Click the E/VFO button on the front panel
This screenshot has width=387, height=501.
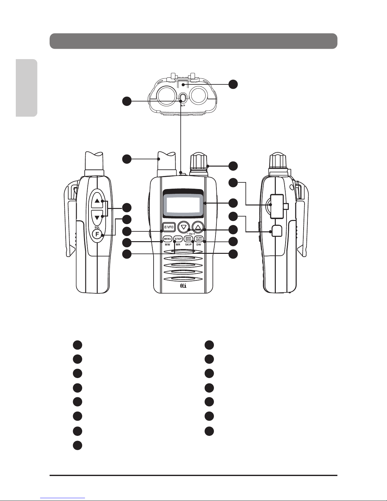coord(168,227)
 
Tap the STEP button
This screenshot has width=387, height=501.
coord(178,239)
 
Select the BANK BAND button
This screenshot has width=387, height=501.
coord(188,239)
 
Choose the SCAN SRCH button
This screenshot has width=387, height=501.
coord(199,239)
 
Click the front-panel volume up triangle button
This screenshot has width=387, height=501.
coord(197,227)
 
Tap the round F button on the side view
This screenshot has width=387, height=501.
coord(97,234)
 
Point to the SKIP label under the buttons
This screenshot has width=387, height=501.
coord(188,245)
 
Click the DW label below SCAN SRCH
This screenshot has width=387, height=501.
coord(199,245)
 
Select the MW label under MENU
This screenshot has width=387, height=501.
coord(167,245)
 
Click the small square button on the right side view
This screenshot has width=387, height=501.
coord(276,231)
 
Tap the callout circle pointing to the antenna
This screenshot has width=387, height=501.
coord(127,159)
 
